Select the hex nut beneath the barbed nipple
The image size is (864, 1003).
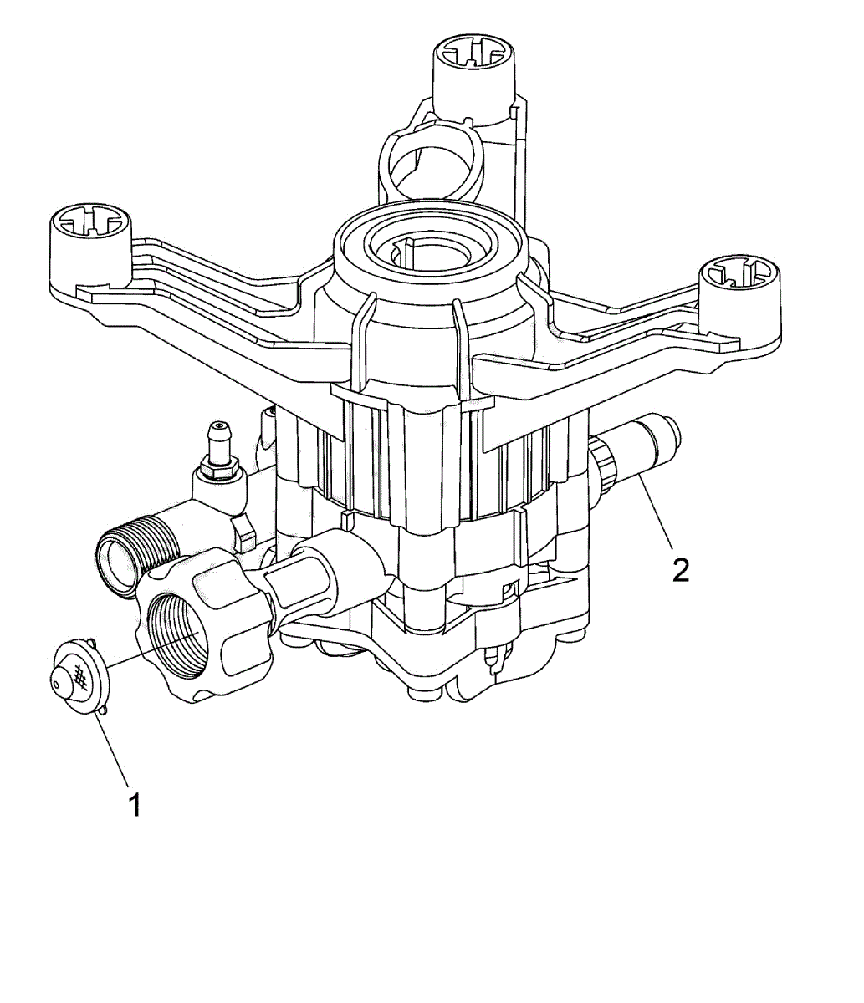pyautogui.click(x=219, y=471)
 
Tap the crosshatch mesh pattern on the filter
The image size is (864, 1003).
pyautogui.click(x=79, y=675)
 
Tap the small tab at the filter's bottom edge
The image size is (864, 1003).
pyautogui.click(x=103, y=710)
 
